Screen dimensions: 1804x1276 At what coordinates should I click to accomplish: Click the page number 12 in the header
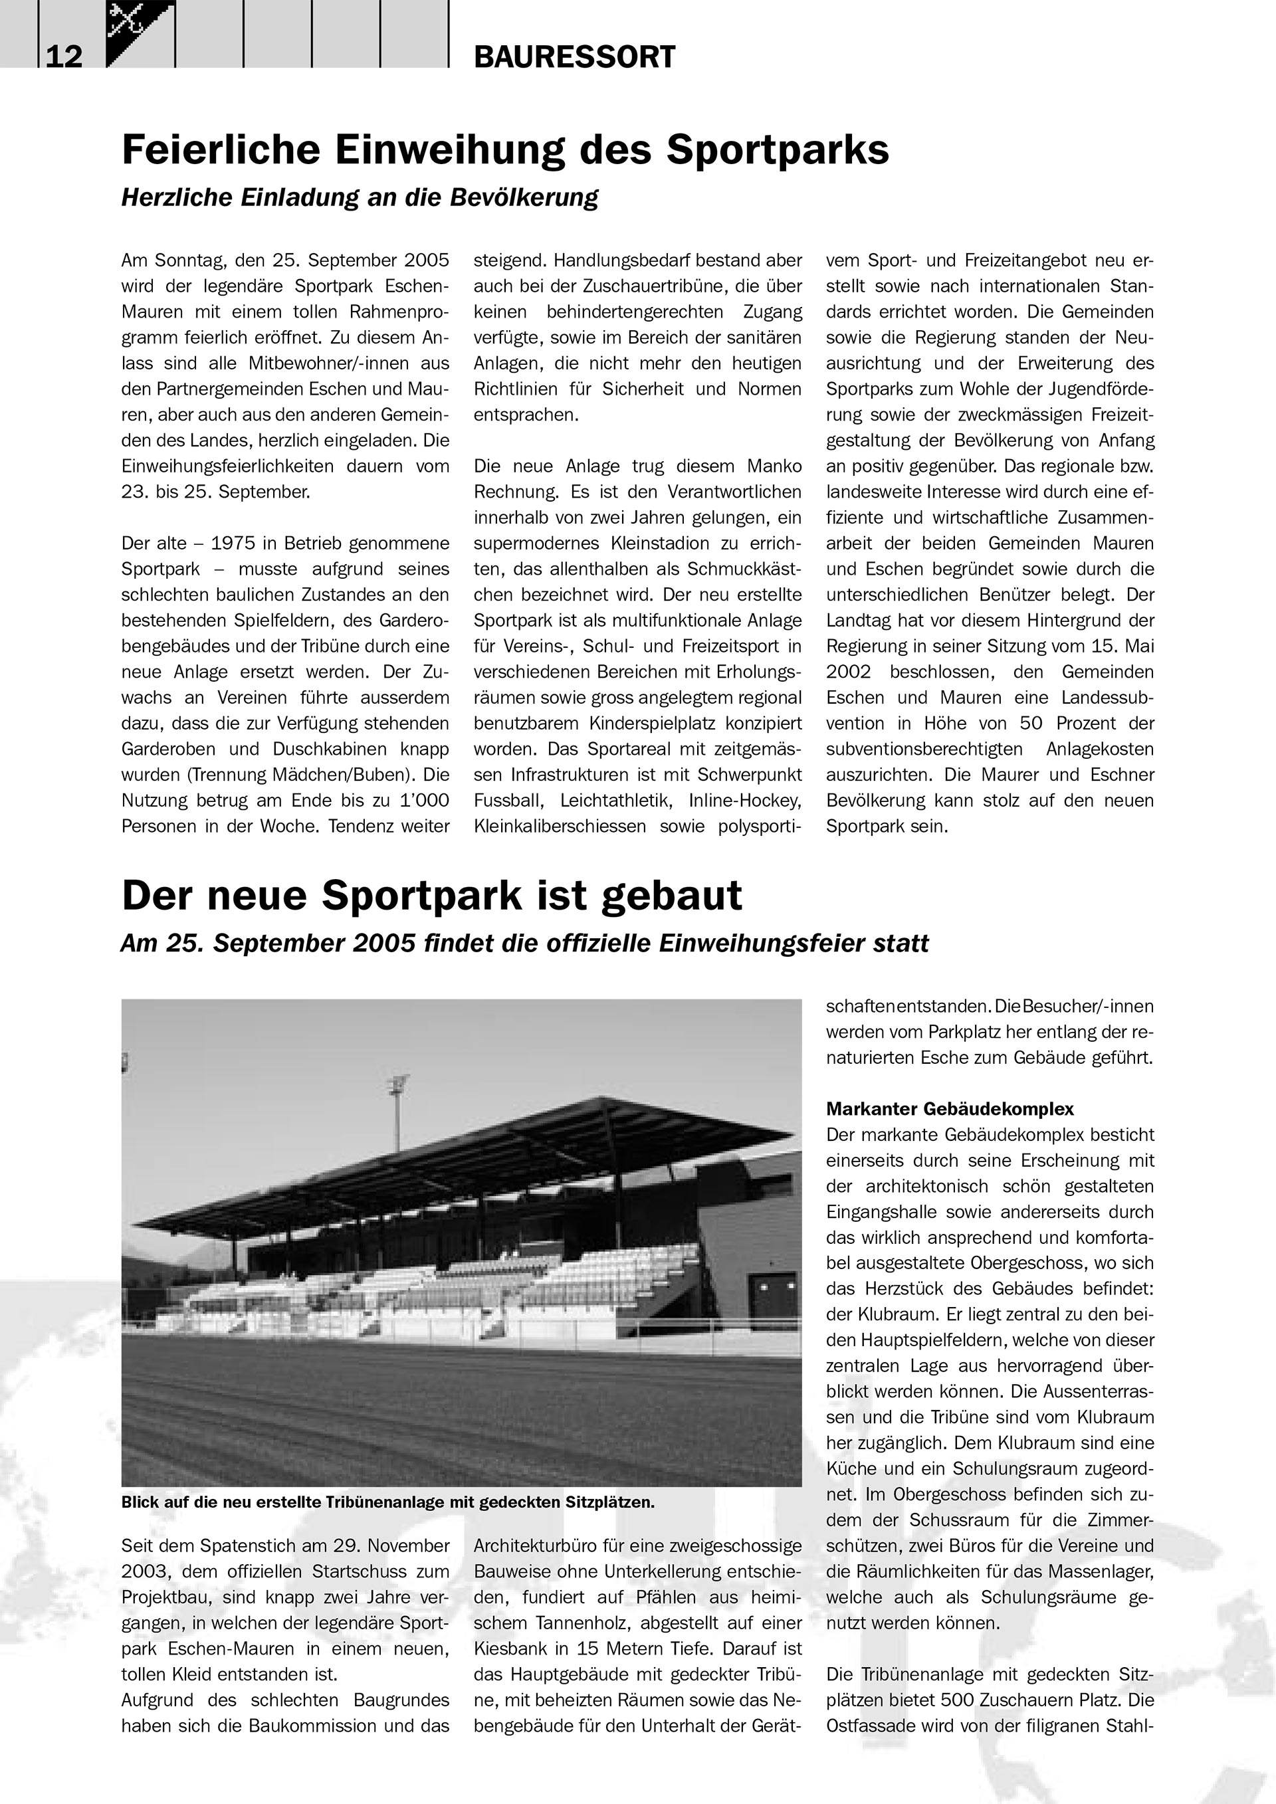64,56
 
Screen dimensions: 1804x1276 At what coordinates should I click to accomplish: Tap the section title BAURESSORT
574,56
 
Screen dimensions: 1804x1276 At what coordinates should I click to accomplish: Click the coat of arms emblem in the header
139,31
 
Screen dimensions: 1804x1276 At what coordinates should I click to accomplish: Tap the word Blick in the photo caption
140,1502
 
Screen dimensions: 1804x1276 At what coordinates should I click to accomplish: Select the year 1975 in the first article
237,543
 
